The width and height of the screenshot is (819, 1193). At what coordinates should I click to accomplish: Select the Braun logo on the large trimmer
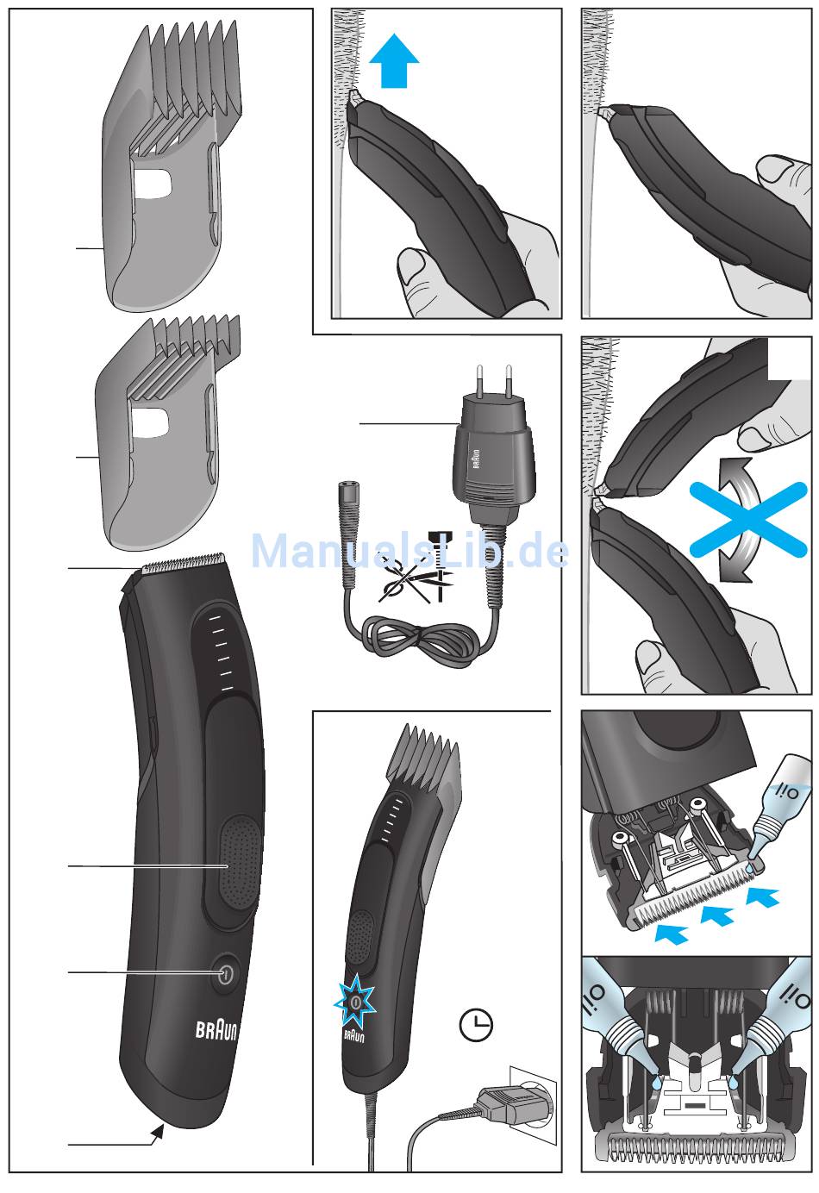[x=216, y=1029]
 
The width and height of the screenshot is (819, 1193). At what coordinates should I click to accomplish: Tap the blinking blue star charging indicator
[x=354, y=1002]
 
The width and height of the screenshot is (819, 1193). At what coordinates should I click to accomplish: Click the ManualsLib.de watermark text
[x=409, y=552]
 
